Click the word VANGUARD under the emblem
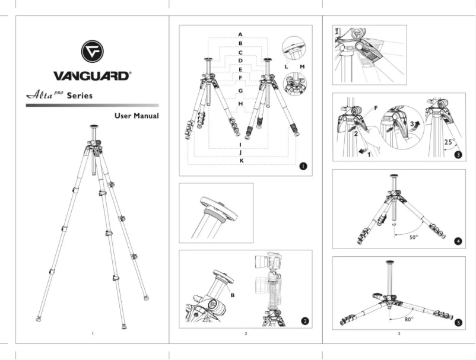click(x=92, y=76)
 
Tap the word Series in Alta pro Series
click(x=79, y=95)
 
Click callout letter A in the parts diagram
click(x=240, y=33)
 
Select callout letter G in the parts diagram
click(x=240, y=91)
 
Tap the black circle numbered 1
click(x=303, y=167)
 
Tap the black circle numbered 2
click(x=304, y=321)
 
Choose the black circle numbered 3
click(x=458, y=155)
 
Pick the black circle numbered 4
click(x=458, y=241)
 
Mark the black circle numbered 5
click(x=458, y=323)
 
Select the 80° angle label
click(x=409, y=320)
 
